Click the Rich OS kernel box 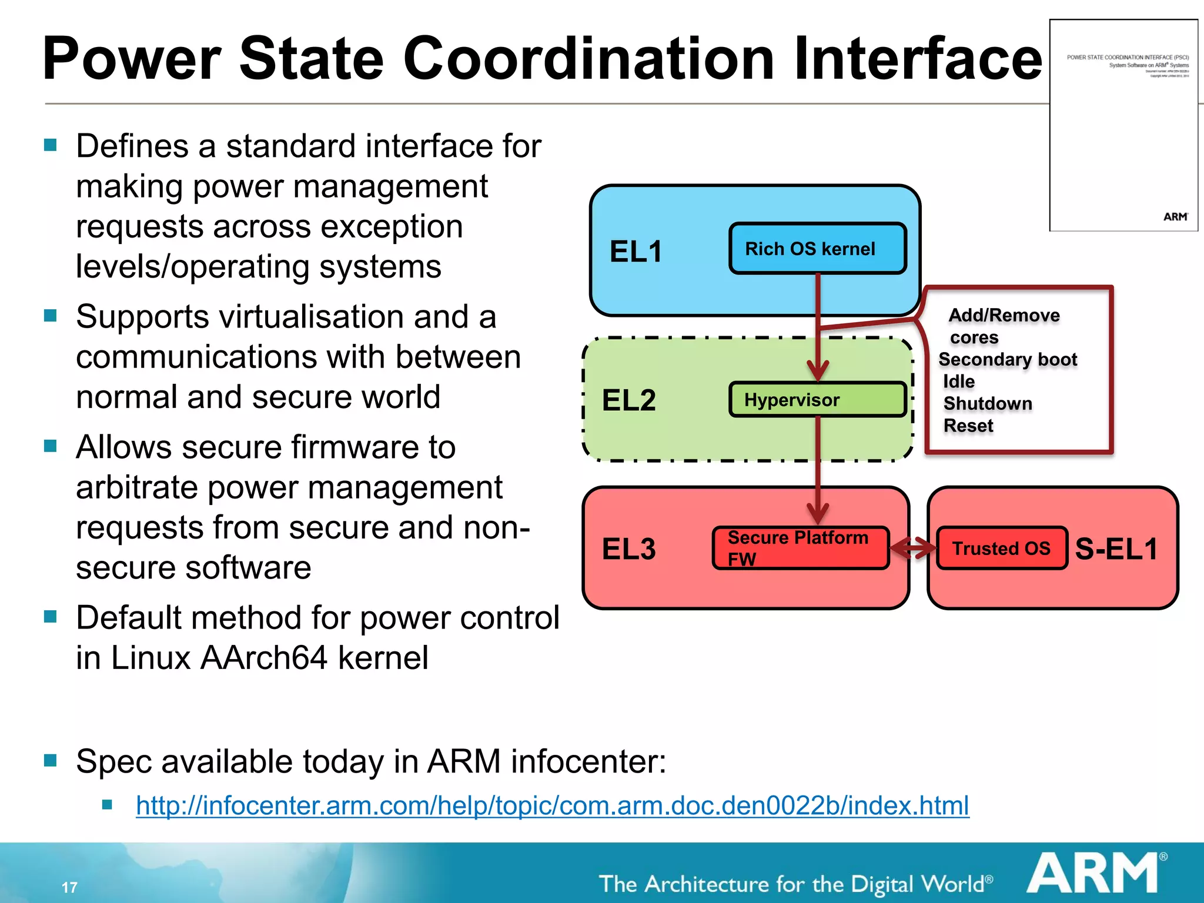tap(817, 249)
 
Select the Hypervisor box tap(817, 400)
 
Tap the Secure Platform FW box tap(800, 548)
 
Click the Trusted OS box tap(1001, 549)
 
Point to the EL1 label tap(636, 252)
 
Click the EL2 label tap(628, 400)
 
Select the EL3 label tap(628, 549)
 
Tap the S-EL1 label tap(1116, 549)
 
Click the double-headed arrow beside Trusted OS tap(913, 549)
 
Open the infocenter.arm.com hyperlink tap(552, 805)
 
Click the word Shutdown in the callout tap(988, 404)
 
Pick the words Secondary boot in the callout tap(1008, 359)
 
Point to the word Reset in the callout tap(968, 426)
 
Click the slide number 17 tap(69, 887)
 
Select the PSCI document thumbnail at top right tap(1123, 125)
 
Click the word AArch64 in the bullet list tap(263, 657)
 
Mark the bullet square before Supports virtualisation tap(51, 316)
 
